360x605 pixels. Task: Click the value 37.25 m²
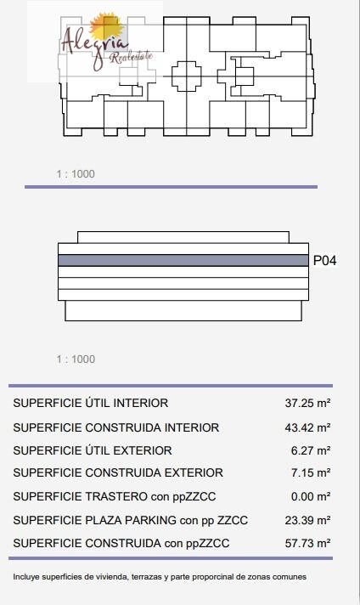307,404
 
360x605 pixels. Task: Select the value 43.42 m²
307,427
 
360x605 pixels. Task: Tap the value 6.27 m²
311,450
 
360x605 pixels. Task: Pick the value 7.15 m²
311,472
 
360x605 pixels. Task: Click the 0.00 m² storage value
311,496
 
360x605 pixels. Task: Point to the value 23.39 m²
307,520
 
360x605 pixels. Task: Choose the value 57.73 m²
307,543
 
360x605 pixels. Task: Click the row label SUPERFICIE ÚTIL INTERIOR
91,404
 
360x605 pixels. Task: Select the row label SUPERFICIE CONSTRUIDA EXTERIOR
118,472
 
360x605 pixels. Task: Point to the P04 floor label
324,261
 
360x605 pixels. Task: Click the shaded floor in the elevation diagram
183,261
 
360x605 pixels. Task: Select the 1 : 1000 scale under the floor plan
76,174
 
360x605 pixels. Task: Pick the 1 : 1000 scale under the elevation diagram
76,359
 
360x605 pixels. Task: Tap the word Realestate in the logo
132,57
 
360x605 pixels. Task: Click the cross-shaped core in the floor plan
187,76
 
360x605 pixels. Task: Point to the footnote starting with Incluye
160,577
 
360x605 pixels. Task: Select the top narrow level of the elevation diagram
183,237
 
